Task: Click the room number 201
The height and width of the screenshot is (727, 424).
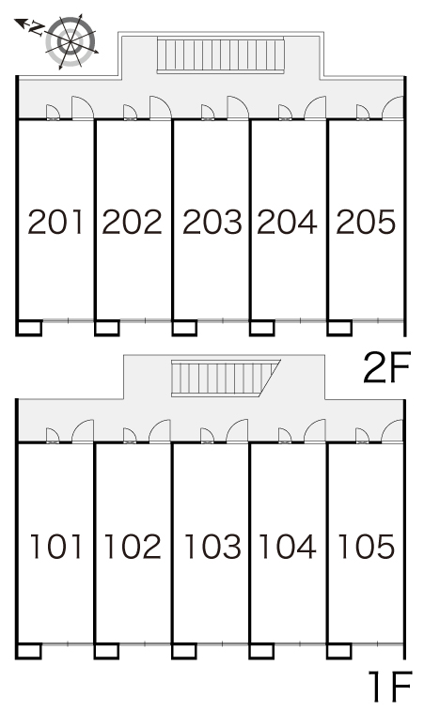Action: [55, 222]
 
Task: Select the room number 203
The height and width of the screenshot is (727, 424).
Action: [212, 222]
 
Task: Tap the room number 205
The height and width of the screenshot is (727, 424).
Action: [366, 222]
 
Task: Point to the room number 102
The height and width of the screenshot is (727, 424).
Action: [133, 546]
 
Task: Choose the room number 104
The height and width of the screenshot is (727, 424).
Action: [288, 546]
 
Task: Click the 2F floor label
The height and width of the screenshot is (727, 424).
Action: [387, 367]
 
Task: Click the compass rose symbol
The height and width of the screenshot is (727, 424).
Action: [71, 41]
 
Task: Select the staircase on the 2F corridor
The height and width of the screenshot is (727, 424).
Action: [220, 55]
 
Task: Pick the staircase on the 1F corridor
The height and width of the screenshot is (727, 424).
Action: [226, 378]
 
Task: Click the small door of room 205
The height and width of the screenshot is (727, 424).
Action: [362, 113]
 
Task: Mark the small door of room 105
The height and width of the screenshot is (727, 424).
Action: [362, 436]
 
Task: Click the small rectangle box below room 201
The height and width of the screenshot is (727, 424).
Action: [29, 327]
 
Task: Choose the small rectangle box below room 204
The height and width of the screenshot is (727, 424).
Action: [262, 327]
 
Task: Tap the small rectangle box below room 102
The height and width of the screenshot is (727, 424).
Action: [106, 651]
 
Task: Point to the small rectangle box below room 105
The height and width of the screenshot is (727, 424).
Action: [338, 651]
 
